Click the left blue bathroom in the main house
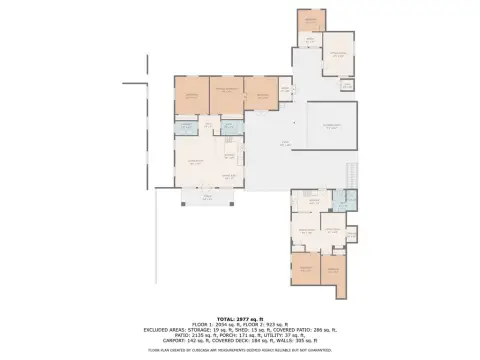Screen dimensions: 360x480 click(x=186, y=127)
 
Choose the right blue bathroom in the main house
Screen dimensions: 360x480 click(x=231, y=127)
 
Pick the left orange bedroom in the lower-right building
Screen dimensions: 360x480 click(x=306, y=268)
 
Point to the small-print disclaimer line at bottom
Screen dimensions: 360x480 click(x=240, y=350)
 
